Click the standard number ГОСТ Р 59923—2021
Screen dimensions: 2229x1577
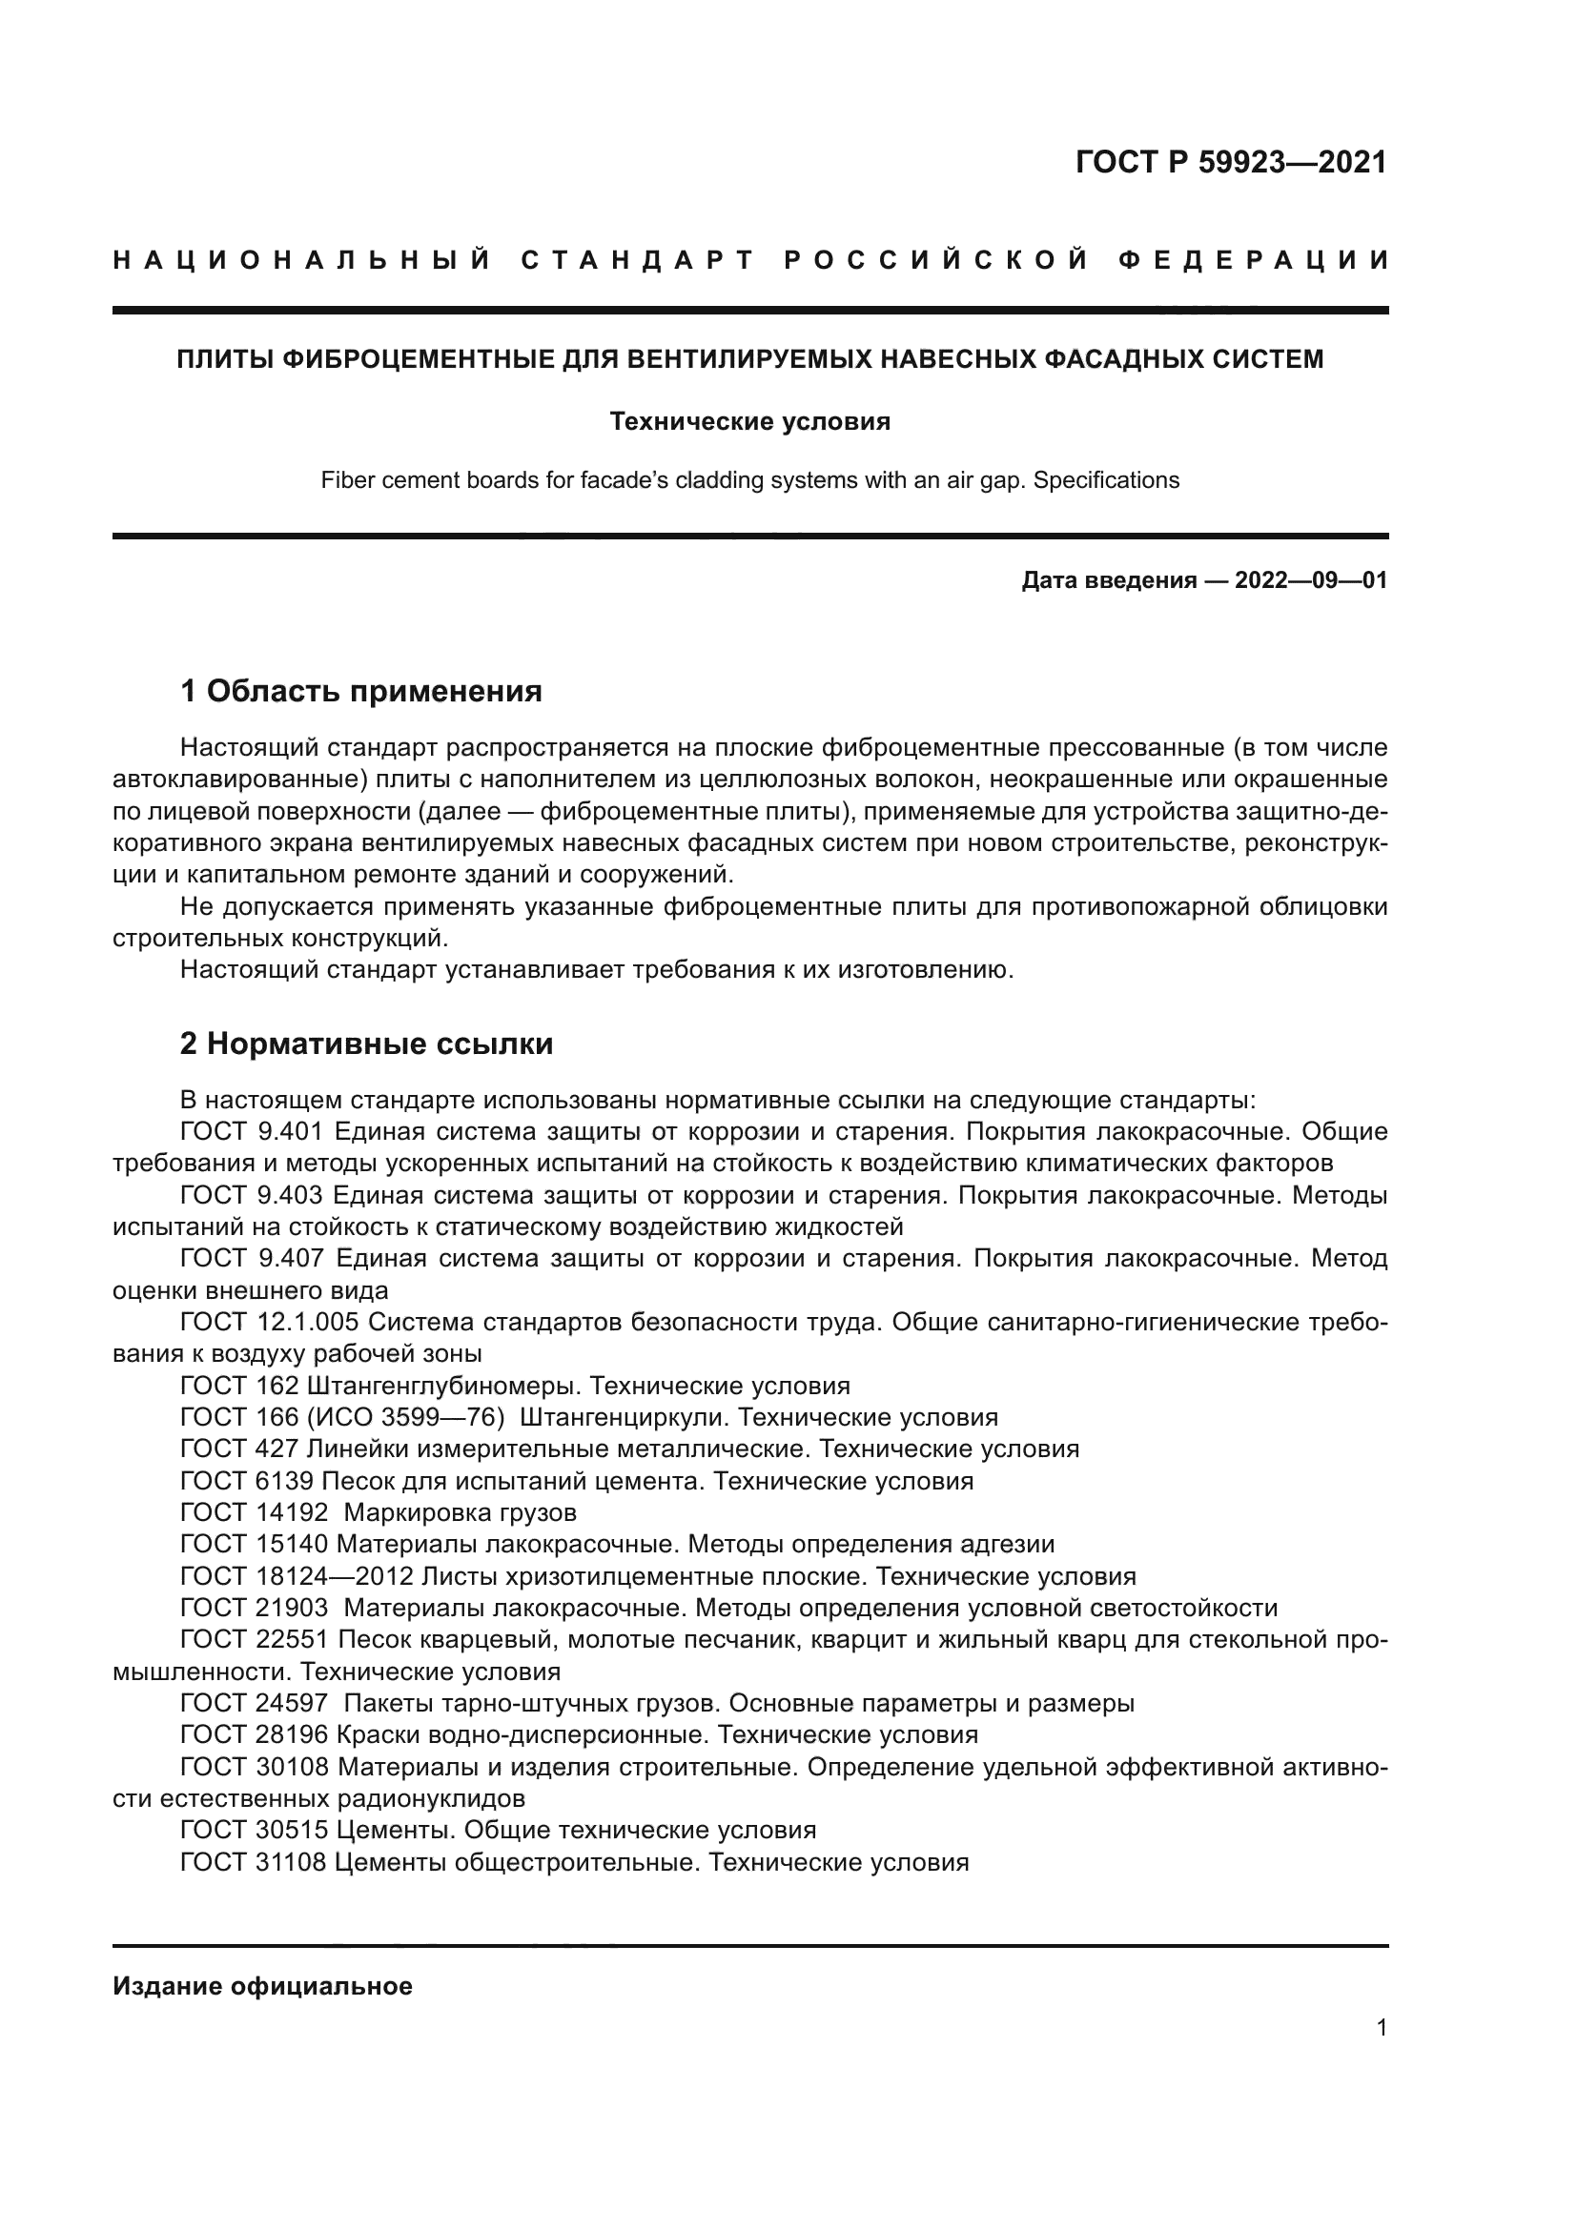coord(1230,162)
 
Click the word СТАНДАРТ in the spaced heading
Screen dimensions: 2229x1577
coord(638,260)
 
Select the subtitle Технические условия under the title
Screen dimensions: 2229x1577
coord(749,421)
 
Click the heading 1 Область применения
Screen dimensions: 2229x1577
coord(361,691)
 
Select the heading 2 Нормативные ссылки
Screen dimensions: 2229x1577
coord(366,1044)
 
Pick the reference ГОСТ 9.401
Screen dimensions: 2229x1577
coord(257,1132)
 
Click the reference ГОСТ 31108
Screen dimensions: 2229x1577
coord(254,1862)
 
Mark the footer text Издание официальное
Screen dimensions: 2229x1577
coord(262,1986)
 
